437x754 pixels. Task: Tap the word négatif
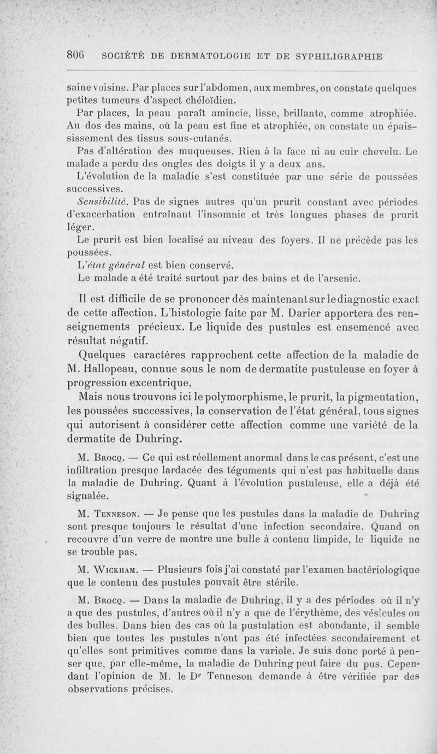click(124, 341)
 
